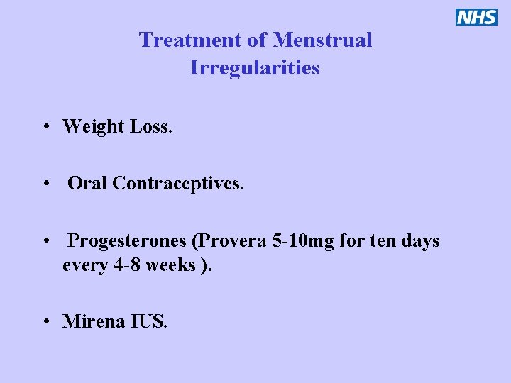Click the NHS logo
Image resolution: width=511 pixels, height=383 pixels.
477,17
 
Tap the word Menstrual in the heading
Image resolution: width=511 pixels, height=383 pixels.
322,40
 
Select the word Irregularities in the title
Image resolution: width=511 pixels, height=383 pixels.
255,68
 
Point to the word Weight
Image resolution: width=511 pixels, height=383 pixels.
93,127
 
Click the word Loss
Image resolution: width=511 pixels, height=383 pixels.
151,127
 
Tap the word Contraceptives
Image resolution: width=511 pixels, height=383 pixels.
178,184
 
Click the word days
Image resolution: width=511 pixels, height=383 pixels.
420,242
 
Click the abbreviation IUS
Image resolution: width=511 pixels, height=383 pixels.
149,321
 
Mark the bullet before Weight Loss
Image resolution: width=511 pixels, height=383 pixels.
45,128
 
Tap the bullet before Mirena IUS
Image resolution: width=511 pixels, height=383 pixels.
45,322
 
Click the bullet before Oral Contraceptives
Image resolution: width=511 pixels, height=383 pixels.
45,184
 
